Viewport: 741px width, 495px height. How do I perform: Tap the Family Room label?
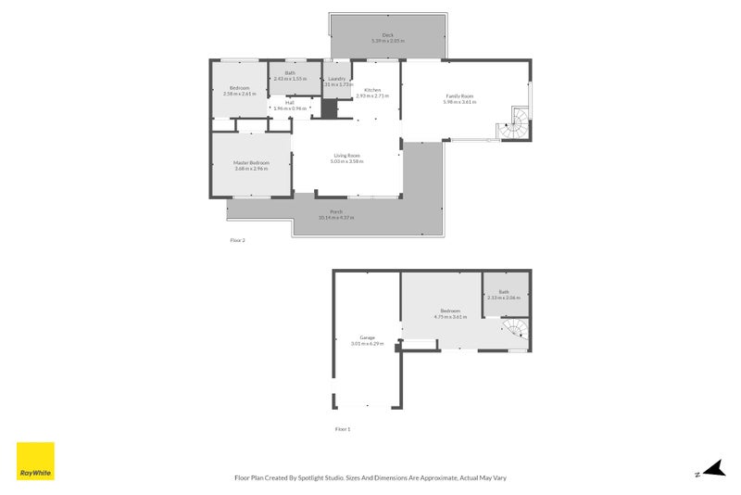tap(459, 96)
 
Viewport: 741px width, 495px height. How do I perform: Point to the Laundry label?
tap(337, 79)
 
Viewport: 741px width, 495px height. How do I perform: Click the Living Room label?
tap(346, 155)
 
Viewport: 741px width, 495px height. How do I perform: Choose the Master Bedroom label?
tap(251, 163)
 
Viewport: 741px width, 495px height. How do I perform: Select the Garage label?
tap(367, 337)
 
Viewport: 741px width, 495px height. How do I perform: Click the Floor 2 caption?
tap(237, 240)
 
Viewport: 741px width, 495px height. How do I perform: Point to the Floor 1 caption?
tap(343, 429)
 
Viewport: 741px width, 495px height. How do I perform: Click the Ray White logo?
tap(36, 461)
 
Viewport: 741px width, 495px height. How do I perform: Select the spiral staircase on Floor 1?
tap(514, 329)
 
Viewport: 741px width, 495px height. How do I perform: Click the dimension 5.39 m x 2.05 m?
tap(387, 41)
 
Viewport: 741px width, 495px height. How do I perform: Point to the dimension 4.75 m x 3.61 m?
tap(450, 316)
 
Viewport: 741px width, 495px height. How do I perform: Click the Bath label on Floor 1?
tap(504, 292)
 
